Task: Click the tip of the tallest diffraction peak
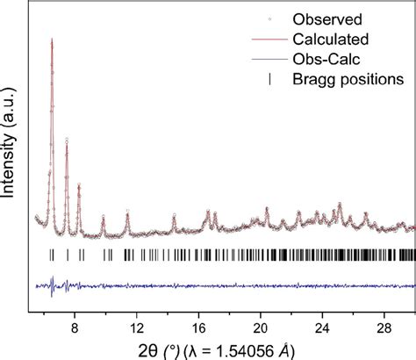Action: pos(52,40)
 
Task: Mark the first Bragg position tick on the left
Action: pos(52,255)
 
